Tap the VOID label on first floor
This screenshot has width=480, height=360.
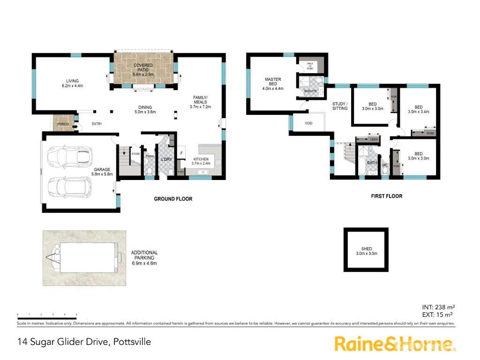[x=308, y=123]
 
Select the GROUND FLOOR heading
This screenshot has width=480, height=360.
[x=173, y=199]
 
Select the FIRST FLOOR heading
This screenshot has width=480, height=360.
[x=386, y=196]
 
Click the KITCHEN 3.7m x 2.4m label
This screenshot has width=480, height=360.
[x=201, y=162]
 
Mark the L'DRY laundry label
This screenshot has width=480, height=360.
[x=166, y=160]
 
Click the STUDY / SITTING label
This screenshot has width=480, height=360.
[x=340, y=106]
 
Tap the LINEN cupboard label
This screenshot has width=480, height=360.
[x=373, y=140]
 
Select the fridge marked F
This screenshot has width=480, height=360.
[x=181, y=153]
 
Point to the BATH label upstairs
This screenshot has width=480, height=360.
[x=372, y=163]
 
